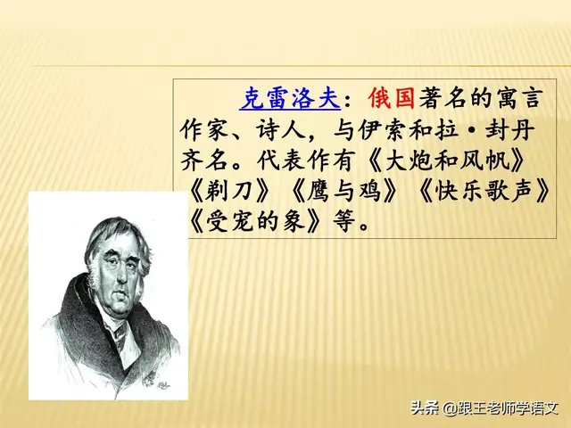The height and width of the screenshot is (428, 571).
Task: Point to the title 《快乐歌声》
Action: tap(485, 192)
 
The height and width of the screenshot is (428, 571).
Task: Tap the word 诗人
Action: tap(278, 130)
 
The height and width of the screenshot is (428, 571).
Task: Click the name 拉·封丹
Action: tap(499, 130)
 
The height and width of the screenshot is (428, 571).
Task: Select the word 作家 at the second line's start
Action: tap(203, 130)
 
